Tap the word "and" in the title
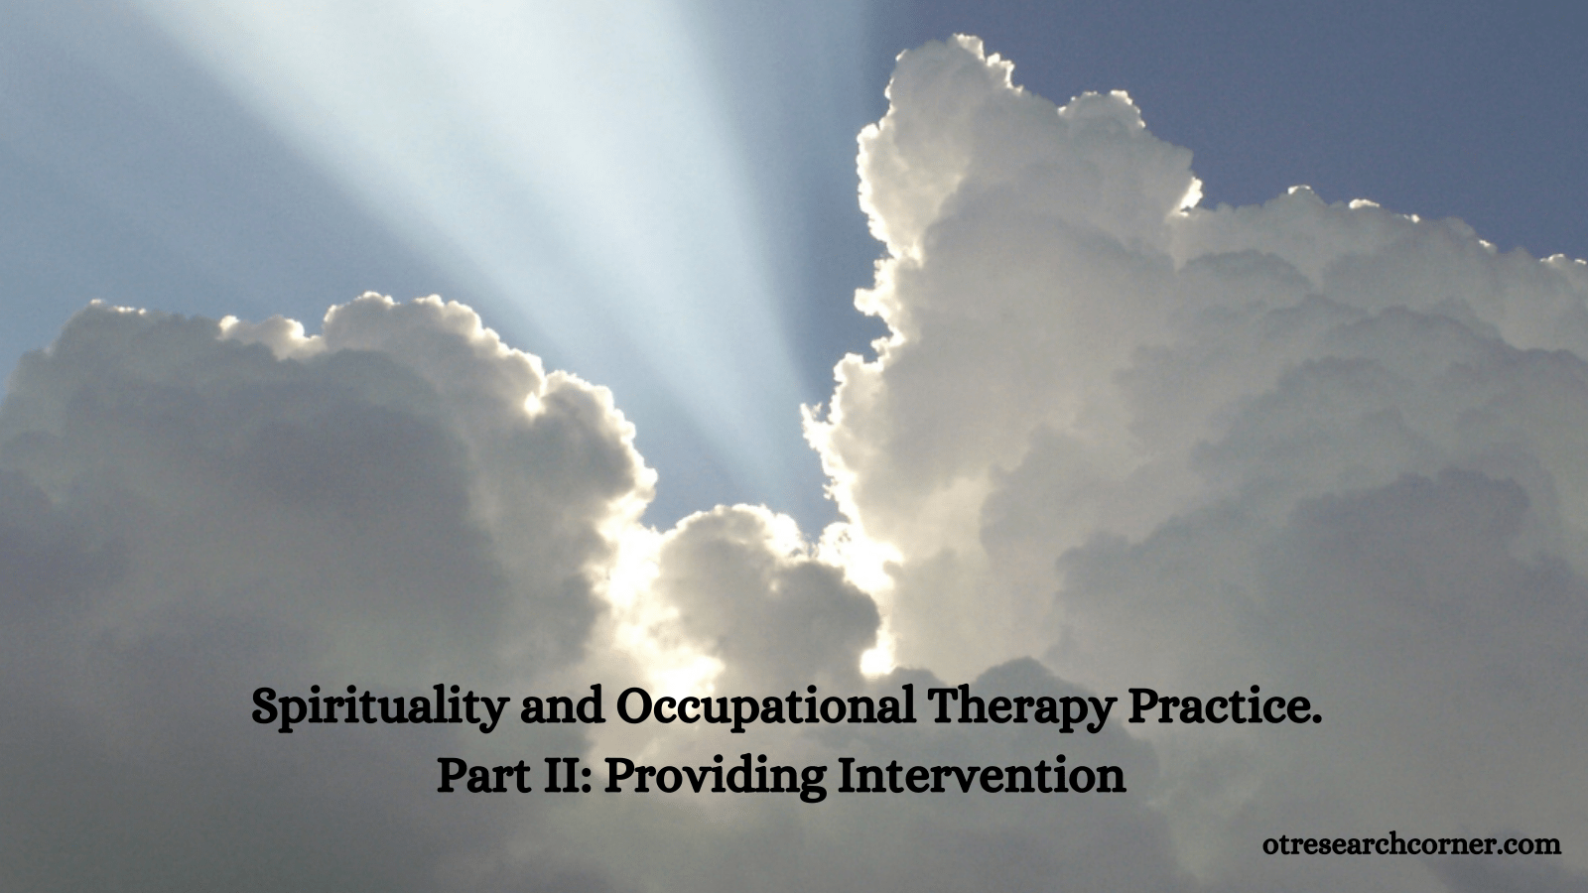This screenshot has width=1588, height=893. pos(562,706)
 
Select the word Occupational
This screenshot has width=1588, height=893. pos(765,708)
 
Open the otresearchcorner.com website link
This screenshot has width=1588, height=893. pos(1411,844)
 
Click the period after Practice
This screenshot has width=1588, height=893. pos(1316,719)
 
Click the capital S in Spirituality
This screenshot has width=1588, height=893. pos(266,706)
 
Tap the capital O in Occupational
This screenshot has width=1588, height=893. pos(634,706)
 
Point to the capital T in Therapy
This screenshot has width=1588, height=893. pos(944,706)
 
